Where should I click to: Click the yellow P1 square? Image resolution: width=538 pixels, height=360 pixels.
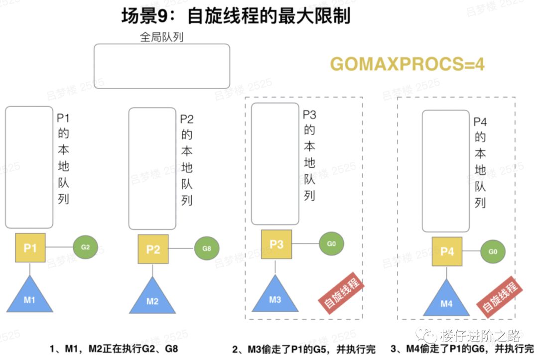coord(30,247)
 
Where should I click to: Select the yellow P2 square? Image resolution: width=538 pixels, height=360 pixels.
coord(153,249)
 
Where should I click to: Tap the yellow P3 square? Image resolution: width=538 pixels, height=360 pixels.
coord(276,244)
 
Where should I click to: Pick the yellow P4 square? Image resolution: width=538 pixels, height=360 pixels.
coord(447,251)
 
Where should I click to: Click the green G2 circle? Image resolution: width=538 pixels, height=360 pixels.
coord(85,247)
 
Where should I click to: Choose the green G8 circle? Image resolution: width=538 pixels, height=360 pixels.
coord(207,248)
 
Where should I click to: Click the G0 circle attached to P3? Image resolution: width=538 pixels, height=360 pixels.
coord(331,244)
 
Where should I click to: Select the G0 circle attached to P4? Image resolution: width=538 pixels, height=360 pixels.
coord(493,251)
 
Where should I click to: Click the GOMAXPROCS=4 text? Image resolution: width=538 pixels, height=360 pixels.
coord(407,64)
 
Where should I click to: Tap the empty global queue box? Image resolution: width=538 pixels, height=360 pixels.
coord(162,66)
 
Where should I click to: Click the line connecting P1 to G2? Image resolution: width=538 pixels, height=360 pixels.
coord(59,247)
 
